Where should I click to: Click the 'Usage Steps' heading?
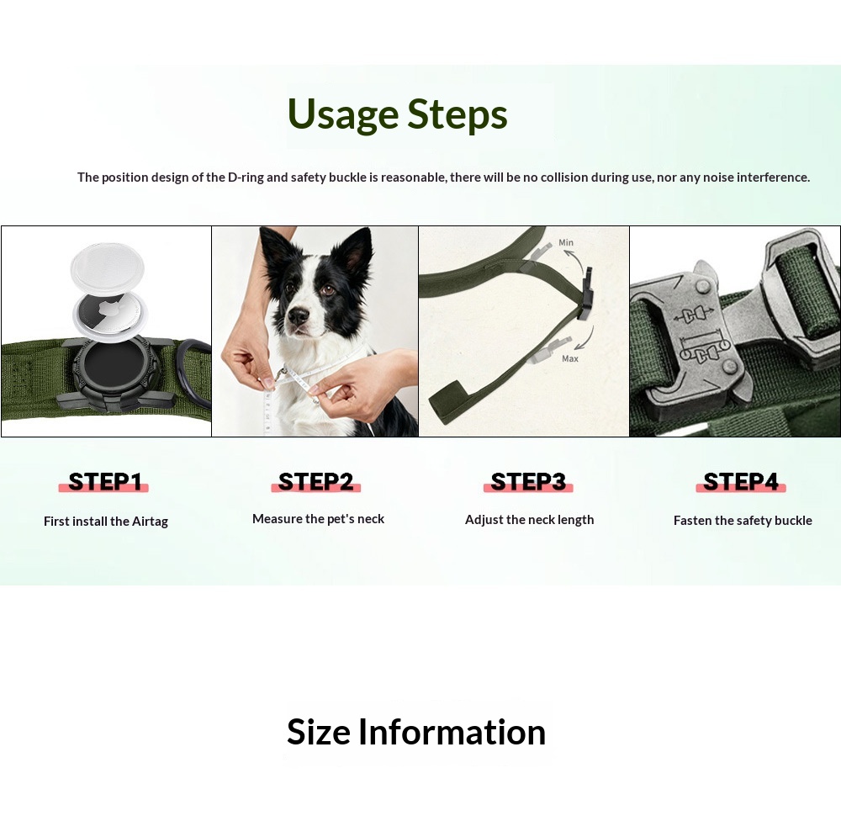click(x=397, y=114)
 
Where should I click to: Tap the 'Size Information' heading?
click(x=416, y=732)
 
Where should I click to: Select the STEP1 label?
click(x=104, y=482)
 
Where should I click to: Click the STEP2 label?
click(x=315, y=482)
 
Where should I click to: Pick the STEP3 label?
click(x=528, y=482)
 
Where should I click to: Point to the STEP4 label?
click(x=741, y=482)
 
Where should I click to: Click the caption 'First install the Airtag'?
click(x=106, y=522)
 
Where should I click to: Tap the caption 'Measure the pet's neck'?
click(x=318, y=519)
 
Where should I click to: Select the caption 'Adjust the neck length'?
click(x=529, y=520)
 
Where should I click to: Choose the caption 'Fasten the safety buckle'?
click(x=743, y=521)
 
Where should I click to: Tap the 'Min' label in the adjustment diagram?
click(x=566, y=242)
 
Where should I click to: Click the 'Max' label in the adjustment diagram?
click(x=570, y=358)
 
